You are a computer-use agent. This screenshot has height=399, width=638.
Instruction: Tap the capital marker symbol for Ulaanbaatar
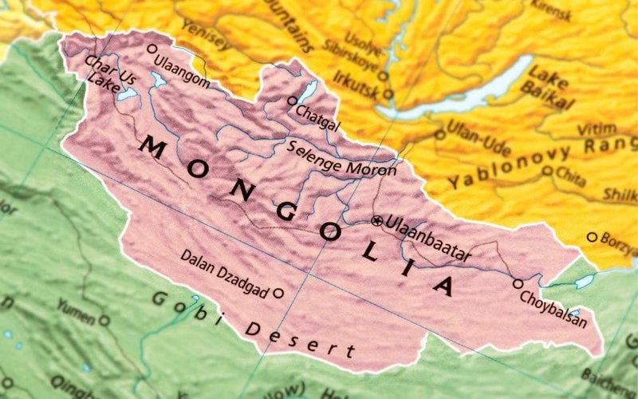[x=376, y=220]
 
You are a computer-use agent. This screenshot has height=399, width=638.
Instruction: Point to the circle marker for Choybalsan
[x=518, y=283]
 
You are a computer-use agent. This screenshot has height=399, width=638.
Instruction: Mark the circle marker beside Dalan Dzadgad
[x=278, y=293]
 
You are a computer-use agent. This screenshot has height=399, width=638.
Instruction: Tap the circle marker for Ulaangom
[x=152, y=49]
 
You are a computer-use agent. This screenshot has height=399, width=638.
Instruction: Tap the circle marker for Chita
[x=547, y=170]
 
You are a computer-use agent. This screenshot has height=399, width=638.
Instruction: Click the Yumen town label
[x=76, y=312]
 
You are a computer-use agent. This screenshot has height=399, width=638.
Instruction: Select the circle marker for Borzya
[x=592, y=237]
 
